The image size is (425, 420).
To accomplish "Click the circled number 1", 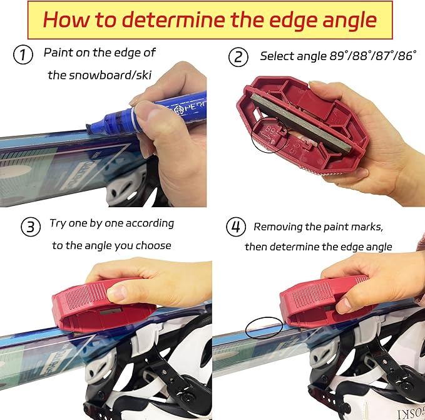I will (23, 56).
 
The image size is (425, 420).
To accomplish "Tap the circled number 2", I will (238, 58).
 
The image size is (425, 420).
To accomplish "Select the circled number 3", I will (29, 227).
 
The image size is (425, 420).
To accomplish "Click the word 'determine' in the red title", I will (182, 21).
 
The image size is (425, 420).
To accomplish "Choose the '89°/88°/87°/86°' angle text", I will (372, 56).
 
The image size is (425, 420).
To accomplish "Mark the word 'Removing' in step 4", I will (279, 227).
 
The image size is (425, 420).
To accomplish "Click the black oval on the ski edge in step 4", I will (264, 325).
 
